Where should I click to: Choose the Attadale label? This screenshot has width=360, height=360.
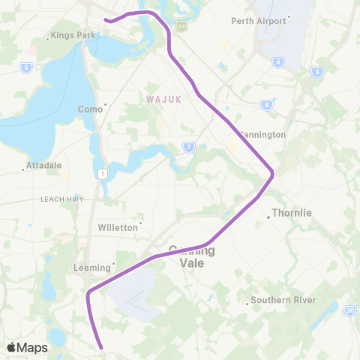pos(43,165)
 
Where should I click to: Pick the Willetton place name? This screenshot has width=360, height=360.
pos(118,226)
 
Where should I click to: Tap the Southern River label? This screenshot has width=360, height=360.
pos(283,300)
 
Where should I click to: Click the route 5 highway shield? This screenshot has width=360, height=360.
pos(26,67)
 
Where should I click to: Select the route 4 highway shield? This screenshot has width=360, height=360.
pos(278,62)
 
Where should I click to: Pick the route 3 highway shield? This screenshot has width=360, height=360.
pos(317,72)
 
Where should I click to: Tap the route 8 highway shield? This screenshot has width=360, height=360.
pos(267,105)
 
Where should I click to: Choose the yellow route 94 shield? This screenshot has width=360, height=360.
pos(181,25)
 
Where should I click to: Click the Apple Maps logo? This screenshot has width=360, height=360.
pos(26,347)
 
